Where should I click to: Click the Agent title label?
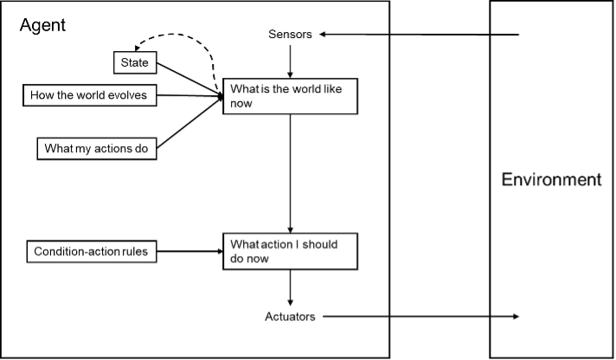pos(42,25)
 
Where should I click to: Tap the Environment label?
pos(551,180)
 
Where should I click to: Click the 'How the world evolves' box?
pos(91,94)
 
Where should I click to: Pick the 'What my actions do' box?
pos(96,148)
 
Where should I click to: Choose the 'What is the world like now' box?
pos(290,94)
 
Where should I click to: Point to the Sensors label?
pos(290,34)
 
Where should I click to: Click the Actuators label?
pos(290,317)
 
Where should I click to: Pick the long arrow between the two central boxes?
pos(290,173)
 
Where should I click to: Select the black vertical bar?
pos(440,180)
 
